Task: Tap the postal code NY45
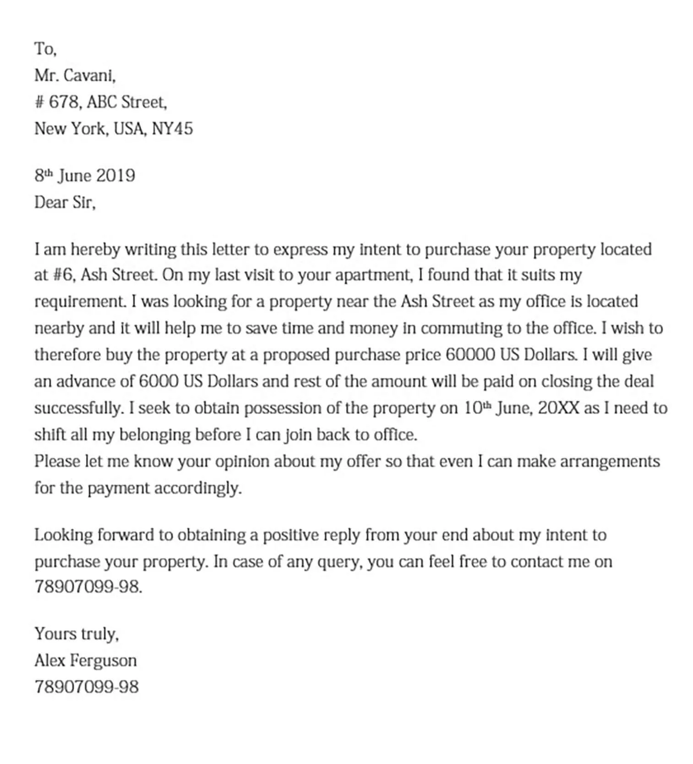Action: (172, 129)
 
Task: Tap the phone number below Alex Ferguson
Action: (86, 687)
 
